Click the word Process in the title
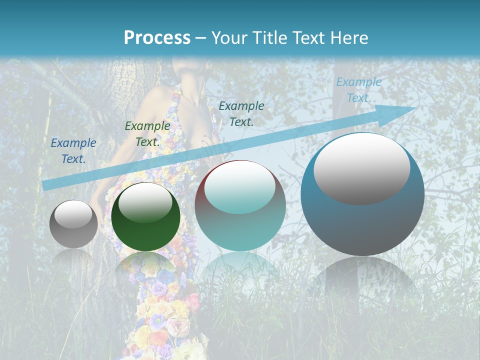point(157,38)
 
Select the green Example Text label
point(147,134)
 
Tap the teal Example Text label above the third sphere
point(241,113)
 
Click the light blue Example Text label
point(358,90)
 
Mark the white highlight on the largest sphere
point(362,168)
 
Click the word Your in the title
point(229,38)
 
